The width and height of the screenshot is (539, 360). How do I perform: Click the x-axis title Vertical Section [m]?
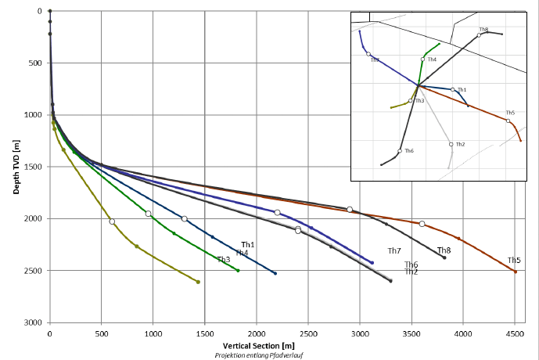click(258, 345)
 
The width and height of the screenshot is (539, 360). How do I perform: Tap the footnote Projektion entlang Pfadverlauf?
click(258, 355)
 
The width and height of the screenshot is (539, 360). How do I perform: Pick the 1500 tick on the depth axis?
click(34, 167)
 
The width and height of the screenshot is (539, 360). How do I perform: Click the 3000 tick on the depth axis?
click(34, 322)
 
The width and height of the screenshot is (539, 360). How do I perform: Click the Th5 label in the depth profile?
click(514, 261)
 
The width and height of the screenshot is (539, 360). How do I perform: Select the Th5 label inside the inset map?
click(510, 113)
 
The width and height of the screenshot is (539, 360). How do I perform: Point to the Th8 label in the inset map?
click(483, 30)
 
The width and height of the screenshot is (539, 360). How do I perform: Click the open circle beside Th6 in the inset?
click(400, 151)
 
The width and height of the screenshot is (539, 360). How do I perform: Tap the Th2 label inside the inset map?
click(460, 144)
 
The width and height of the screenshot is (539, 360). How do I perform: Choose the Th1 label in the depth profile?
click(248, 245)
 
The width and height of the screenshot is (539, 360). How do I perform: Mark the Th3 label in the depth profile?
click(224, 260)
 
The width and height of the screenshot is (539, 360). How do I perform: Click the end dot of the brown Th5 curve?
click(515, 272)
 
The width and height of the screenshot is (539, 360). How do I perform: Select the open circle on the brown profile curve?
click(422, 224)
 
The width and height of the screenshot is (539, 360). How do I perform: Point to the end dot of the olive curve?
click(198, 282)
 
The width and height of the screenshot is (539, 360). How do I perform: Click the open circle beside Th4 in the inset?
click(422, 59)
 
